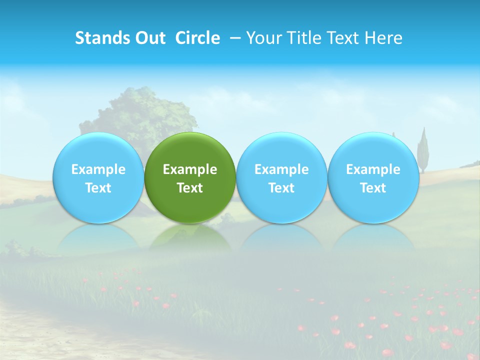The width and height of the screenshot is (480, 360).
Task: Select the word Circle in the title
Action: pos(197,38)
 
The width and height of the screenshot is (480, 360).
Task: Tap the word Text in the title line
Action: pos(343,38)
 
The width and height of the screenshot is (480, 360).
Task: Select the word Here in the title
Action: pos(384,38)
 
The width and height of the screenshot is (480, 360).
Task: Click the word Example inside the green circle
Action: pos(190,169)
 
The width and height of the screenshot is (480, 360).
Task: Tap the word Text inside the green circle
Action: pos(190,188)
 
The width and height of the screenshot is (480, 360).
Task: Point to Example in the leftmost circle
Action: pos(98,169)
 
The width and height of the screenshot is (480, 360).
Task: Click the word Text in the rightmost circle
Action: pos(373,188)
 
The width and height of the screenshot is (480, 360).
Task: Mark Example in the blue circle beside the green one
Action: pos(281,169)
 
